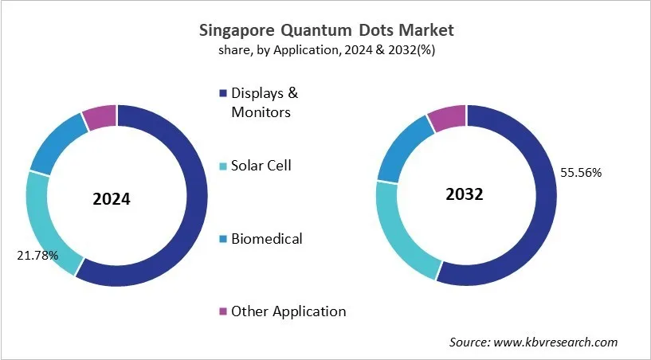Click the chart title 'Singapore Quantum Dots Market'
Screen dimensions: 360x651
tap(325, 30)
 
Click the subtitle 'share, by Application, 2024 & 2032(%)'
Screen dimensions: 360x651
tap(325, 49)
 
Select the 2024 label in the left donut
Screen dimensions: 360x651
tap(111, 199)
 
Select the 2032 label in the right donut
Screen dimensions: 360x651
tap(465, 195)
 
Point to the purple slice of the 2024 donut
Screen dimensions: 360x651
tap(100, 116)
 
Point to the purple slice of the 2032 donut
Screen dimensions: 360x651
tap(447, 117)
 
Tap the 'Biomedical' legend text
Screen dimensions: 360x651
tap(266, 238)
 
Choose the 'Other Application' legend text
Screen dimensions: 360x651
tap(288, 311)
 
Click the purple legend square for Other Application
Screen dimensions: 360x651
tap(224, 311)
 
